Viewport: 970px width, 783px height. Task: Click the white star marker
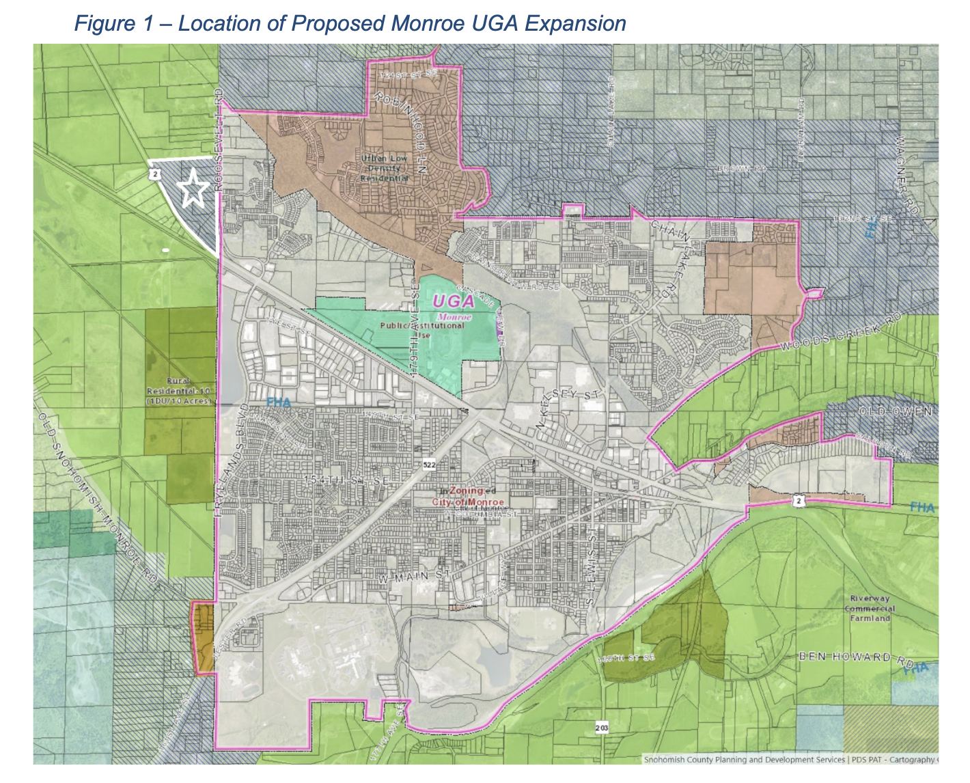coord(193,189)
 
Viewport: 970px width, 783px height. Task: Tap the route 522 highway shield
coord(429,465)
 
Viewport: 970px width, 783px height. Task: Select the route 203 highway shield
coord(601,728)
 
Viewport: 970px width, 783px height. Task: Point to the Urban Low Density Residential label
coord(385,168)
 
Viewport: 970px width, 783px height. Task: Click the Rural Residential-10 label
coord(180,391)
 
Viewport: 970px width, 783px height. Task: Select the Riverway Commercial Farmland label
coord(870,608)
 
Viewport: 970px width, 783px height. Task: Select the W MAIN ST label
coord(415,576)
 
